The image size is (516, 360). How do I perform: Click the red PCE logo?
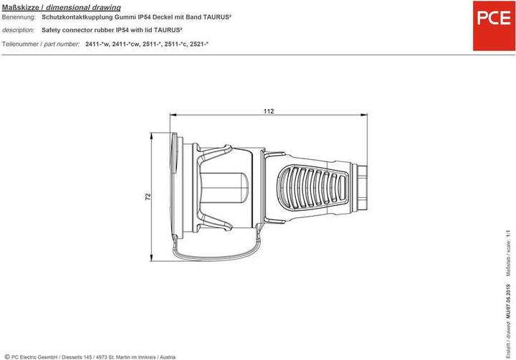click(x=489, y=17)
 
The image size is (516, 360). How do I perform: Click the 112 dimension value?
click(x=269, y=111)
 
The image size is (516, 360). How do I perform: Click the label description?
click(x=19, y=30)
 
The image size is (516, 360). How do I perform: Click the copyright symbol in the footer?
click(x=6, y=356)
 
